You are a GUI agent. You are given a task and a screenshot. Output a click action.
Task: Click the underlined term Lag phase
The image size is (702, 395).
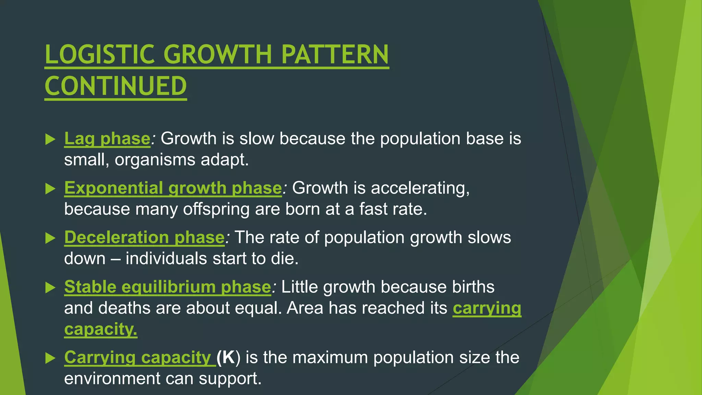click(107, 139)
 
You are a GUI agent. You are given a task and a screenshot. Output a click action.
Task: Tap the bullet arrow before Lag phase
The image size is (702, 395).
click(50, 139)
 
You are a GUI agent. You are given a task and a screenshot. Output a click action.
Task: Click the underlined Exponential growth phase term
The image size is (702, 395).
click(173, 188)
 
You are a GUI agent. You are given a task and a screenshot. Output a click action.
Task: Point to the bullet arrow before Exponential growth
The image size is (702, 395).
click(50, 189)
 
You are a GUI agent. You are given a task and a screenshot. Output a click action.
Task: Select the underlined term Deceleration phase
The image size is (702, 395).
click(144, 238)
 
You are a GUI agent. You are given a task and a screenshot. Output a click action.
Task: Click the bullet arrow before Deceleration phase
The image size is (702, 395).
click(50, 238)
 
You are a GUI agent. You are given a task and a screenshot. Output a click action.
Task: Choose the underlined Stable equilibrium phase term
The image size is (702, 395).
click(168, 287)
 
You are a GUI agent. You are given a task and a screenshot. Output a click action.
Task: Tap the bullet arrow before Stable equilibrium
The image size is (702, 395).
click(50, 287)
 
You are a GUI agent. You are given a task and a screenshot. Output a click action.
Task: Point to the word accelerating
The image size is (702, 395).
click(420, 188)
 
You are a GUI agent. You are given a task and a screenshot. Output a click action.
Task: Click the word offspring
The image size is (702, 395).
click(216, 209)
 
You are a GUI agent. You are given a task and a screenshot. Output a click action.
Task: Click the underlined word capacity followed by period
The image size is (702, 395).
click(100, 329)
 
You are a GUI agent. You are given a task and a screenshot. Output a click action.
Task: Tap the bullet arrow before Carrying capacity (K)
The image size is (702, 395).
click(50, 358)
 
